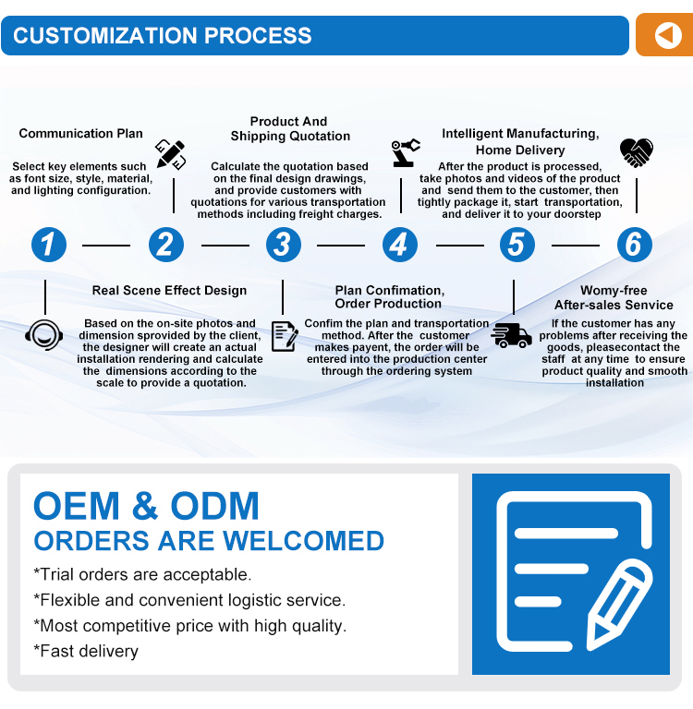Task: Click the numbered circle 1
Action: coord(49,245)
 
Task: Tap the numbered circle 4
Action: coord(400,245)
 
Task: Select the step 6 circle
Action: coord(635,245)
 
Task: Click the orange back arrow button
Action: coord(664,35)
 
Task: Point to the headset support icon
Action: coord(44,335)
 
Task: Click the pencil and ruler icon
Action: coord(170,154)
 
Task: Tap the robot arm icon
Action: coord(405,152)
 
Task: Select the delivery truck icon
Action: coord(512,335)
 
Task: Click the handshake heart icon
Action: coord(637,152)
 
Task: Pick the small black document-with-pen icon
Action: coord(285,336)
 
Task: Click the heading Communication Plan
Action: coord(81,133)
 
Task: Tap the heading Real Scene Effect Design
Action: coord(169,290)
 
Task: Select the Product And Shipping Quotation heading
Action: coord(290,128)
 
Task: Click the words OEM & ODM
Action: coord(146,506)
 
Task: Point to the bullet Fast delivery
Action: coord(86,651)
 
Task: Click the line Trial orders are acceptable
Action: coord(142,574)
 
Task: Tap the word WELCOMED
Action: coord(303,541)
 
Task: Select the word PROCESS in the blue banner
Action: coord(258,35)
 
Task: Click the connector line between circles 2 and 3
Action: coord(225,246)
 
